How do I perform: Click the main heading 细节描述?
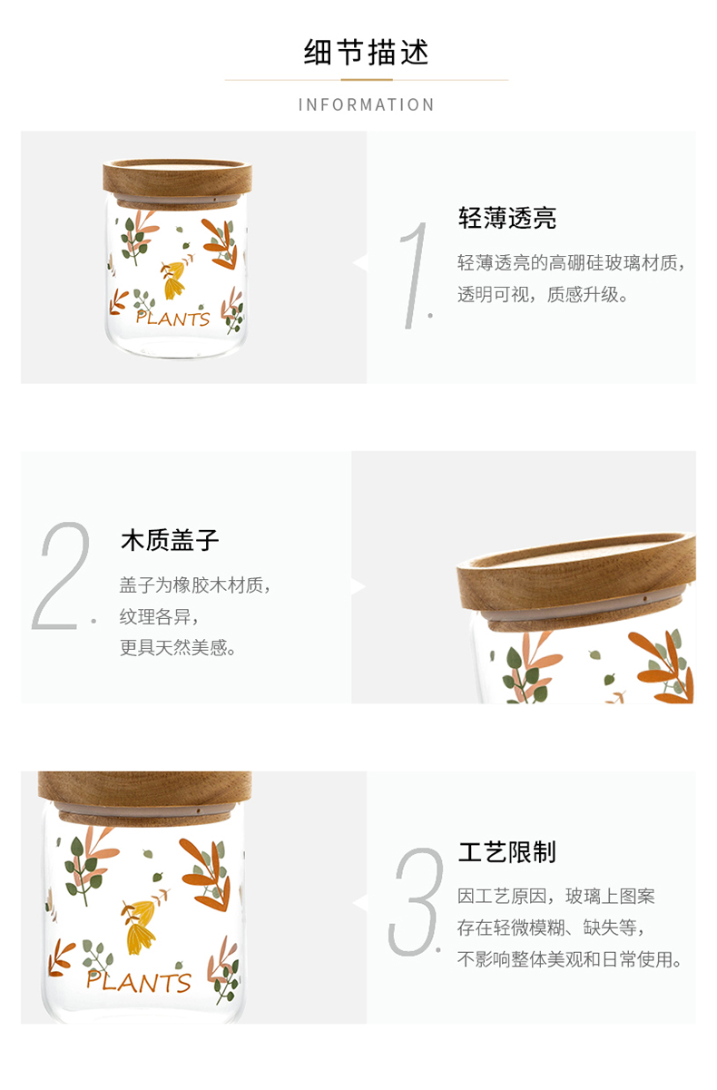click(366, 52)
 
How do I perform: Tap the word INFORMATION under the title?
click(366, 104)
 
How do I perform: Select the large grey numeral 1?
click(414, 275)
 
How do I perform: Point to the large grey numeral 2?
click(64, 575)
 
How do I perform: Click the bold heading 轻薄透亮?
click(507, 218)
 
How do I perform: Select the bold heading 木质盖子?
click(170, 540)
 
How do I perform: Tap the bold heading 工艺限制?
click(507, 852)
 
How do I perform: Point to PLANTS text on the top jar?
click(172, 319)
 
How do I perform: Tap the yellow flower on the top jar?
click(174, 280)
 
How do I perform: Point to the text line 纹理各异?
click(159, 616)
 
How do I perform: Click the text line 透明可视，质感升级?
click(543, 294)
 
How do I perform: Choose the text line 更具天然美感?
click(178, 648)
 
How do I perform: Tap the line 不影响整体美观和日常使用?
click(569, 959)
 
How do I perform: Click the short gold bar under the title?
click(367, 80)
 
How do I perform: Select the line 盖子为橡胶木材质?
click(195, 584)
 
